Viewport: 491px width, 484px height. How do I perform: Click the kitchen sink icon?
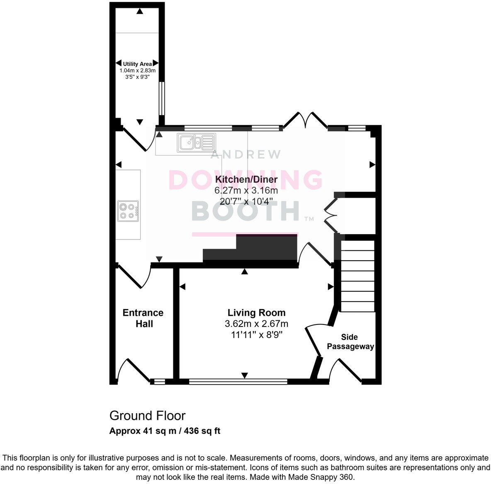[197, 142]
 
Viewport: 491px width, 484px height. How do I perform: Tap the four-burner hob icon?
[128, 210]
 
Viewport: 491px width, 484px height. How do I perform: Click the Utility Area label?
[137, 64]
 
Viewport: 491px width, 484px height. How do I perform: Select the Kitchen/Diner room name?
[246, 179]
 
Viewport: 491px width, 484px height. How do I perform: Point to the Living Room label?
[256, 313]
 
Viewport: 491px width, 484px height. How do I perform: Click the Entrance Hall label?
[143, 318]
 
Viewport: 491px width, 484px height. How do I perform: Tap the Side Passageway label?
[350, 342]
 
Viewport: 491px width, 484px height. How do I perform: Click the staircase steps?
[357, 276]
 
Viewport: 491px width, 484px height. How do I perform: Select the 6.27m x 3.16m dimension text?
[246, 191]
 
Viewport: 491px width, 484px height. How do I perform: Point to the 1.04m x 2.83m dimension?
[137, 70]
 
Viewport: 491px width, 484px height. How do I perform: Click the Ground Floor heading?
[147, 415]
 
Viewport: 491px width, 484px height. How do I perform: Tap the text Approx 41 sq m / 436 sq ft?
[165, 431]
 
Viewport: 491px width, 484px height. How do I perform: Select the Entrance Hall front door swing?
[133, 370]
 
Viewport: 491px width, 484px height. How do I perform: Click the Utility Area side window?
[162, 98]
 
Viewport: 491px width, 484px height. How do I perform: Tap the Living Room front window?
[238, 381]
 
